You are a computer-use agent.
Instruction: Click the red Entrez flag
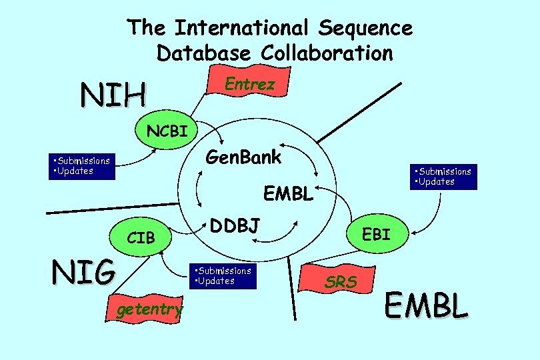[x=248, y=84]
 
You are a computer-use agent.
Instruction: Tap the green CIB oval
[x=141, y=237]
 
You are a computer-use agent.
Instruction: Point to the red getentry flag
[x=148, y=309]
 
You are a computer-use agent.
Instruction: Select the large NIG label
[x=83, y=272]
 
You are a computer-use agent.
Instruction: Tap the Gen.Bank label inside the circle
[x=243, y=158]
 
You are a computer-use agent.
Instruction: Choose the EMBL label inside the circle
[x=287, y=194]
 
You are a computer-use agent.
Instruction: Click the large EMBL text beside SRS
[x=427, y=305]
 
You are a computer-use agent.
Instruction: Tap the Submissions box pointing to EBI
[x=443, y=177]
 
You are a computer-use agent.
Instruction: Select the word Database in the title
[x=204, y=52]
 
